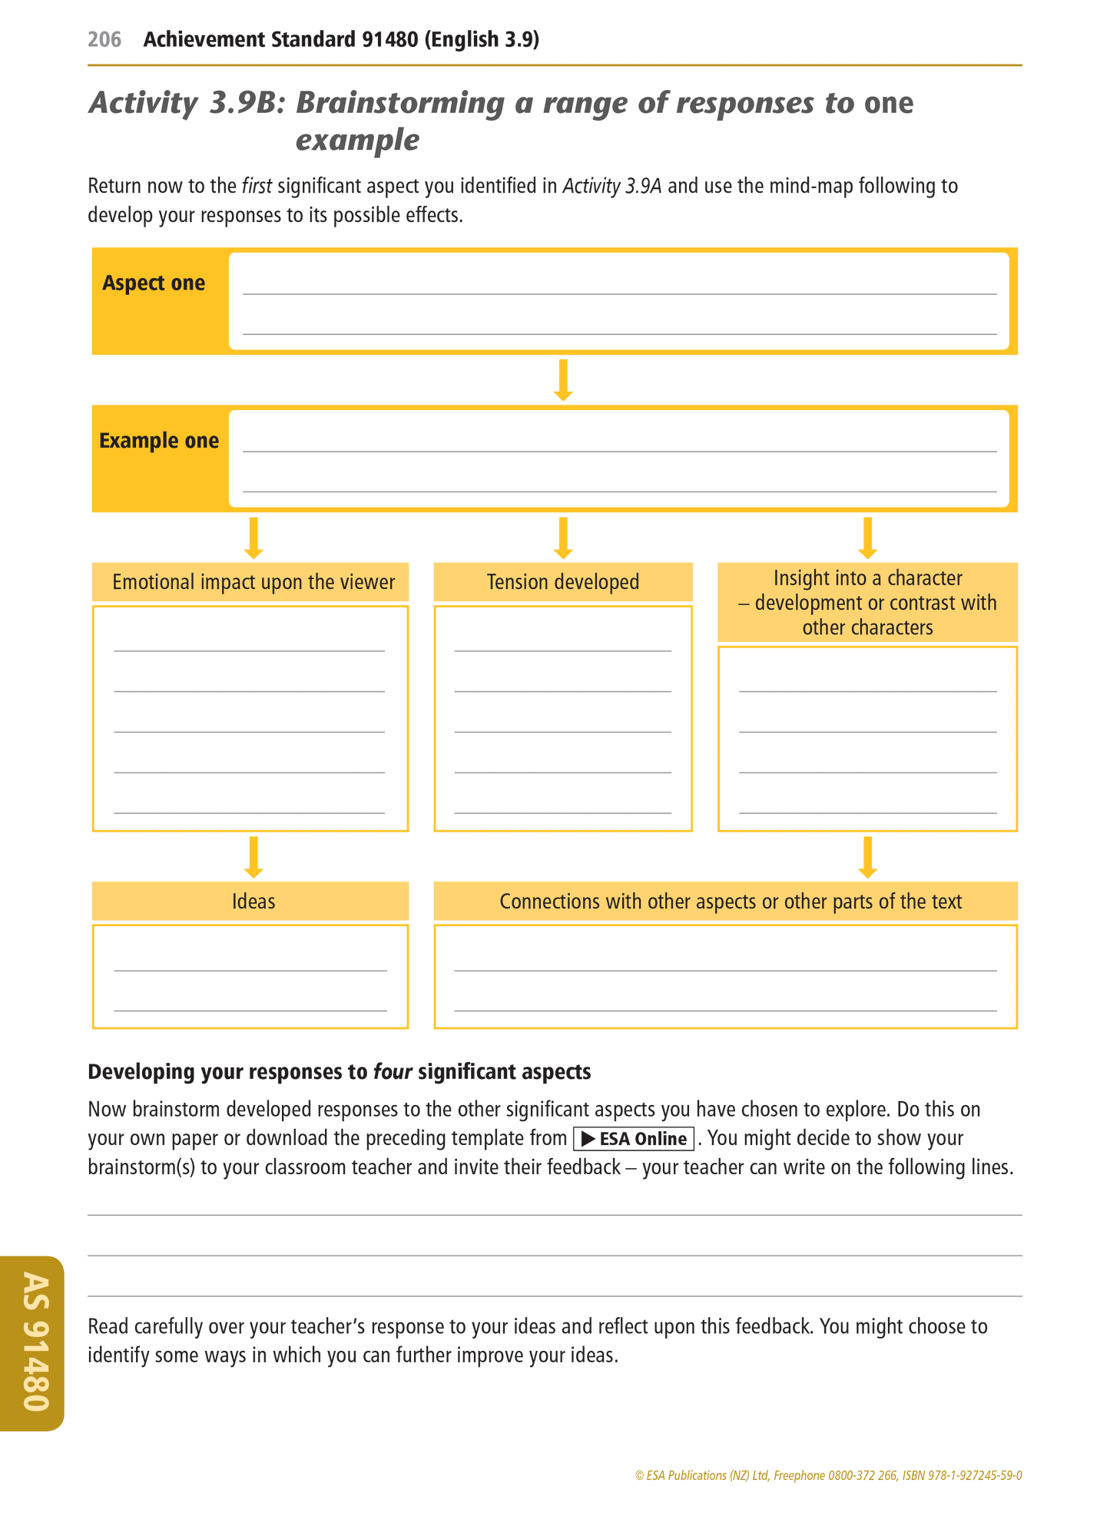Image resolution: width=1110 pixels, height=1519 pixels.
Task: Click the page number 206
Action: tap(104, 39)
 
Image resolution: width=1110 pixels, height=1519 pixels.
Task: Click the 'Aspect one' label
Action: tap(154, 283)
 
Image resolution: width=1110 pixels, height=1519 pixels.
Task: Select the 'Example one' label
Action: tap(159, 441)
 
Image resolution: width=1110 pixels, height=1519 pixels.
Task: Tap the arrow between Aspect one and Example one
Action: tap(563, 379)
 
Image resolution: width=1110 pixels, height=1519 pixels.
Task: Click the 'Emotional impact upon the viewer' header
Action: tap(253, 582)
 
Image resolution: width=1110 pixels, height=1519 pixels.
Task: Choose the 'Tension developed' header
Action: tap(563, 582)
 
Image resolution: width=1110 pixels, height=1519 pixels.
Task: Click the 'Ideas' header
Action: tap(253, 901)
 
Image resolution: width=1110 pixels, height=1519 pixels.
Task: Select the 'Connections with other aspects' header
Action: tap(730, 901)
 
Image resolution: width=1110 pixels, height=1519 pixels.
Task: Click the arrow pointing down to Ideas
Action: tap(253, 857)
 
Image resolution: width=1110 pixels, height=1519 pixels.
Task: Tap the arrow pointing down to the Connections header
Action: tap(867, 857)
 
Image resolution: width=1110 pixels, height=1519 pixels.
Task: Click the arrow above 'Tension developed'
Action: tap(563, 538)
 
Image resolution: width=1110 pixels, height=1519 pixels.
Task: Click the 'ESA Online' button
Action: tap(634, 1139)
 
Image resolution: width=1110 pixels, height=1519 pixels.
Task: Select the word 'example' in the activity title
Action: tap(357, 141)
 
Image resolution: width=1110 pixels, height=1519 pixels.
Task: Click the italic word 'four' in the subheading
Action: tap(393, 1072)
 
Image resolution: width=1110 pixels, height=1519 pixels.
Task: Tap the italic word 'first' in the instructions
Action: tap(257, 186)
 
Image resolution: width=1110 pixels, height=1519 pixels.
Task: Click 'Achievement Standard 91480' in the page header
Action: tap(281, 39)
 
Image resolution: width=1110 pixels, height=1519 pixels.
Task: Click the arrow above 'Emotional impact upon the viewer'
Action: tap(253, 538)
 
